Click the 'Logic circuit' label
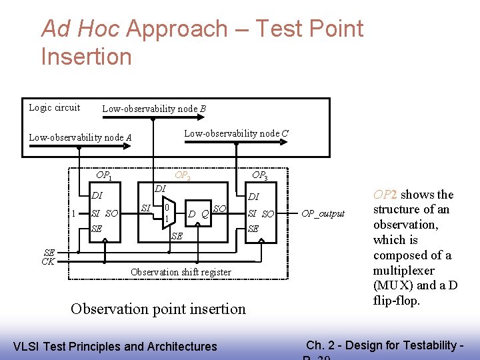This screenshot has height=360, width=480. click(54, 107)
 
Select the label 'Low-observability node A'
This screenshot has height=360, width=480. click(80, 137)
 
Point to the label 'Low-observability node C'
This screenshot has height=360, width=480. click(236, 133)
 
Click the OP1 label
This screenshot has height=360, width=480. click(103, 176)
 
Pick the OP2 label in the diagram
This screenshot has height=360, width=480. click(182, 176)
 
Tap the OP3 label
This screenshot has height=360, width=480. click(259, 176)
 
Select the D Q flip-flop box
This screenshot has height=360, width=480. click(199, 214)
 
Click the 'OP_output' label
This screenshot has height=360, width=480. click(323, 213)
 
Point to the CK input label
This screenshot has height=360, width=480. click(48, 261)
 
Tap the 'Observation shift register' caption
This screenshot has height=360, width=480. click(181, 272)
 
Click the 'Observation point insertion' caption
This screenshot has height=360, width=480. click(158, 309)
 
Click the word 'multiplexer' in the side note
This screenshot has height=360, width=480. click(403, 271)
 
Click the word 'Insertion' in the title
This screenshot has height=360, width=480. click(86, 56)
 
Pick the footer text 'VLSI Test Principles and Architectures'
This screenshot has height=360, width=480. click(115, 346)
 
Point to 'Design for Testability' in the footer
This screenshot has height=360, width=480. click(410, 345)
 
